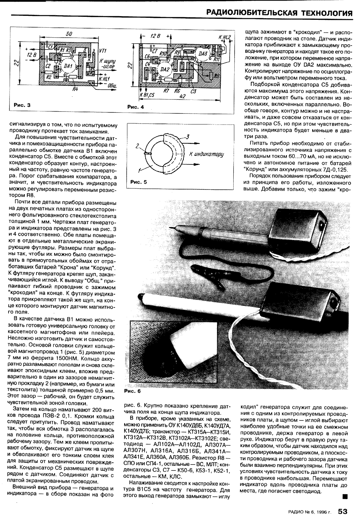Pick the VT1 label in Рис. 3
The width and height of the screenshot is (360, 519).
pyautogui.click(x=102, y=51)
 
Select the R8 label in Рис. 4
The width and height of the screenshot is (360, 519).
pyautogui.click(x=217, y=75)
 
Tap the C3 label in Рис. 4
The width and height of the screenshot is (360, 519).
pyautogui.click(x=193, y=91)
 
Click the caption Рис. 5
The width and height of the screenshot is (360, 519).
pyautogui.click(x=138, y=182)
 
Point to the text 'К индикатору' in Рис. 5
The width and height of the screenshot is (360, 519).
pyautogui.click(x=207, y=155)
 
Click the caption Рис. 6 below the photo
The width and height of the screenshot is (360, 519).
pyautogui.click(x=132, y=391)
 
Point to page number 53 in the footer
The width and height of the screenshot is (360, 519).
pyautogui.click(x=343, y=511)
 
